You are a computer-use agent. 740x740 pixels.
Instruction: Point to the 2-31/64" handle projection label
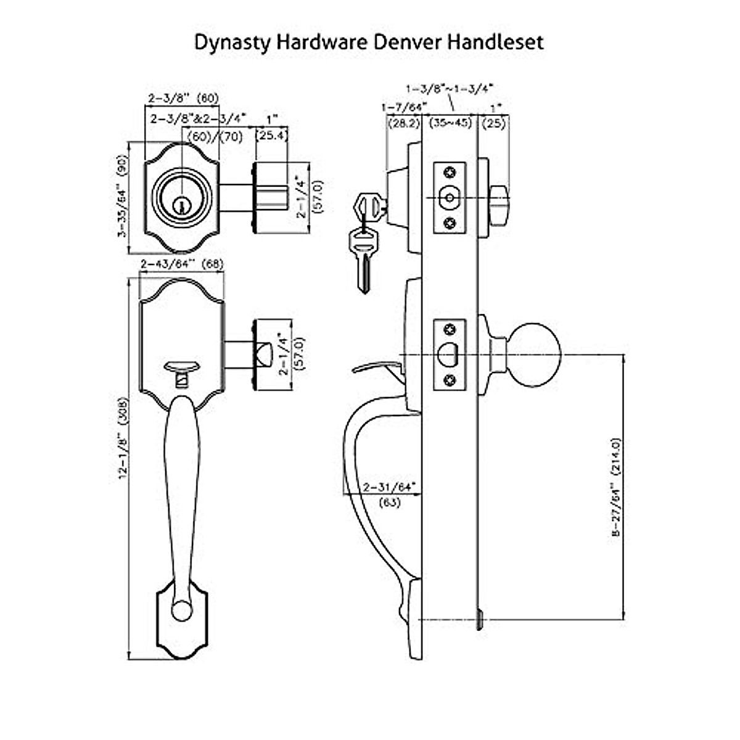click(389, 487)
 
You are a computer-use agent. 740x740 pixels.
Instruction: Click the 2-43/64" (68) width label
click(182, 264)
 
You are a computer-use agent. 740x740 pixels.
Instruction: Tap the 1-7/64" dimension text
click(403, 107)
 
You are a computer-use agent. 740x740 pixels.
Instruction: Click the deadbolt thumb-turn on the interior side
click(500, 197)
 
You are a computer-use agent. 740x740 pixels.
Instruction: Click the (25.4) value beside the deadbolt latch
click(271, 134)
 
